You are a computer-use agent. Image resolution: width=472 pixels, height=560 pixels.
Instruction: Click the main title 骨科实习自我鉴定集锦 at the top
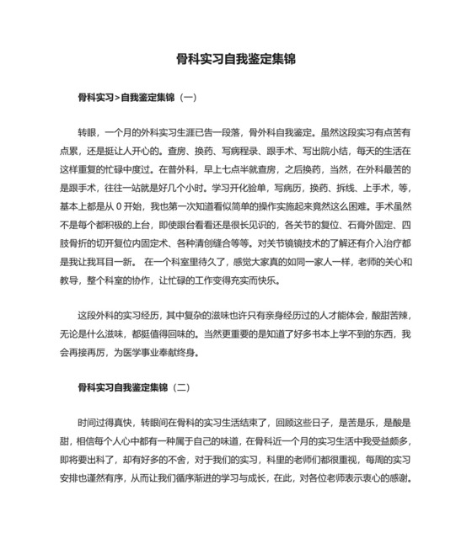tap(236, 60)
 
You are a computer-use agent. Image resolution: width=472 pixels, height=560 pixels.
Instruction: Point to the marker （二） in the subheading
tap(180, 388)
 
